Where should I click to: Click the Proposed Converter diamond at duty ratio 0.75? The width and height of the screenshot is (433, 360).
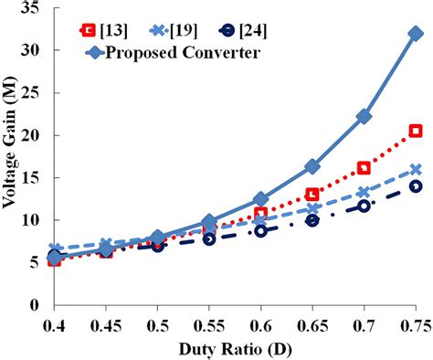[416, 34]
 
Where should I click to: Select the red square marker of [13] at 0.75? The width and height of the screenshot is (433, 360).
[416, 131]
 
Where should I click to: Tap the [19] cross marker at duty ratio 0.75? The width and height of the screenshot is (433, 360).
[416, 169]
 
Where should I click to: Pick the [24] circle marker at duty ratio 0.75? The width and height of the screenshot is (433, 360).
[416, 185]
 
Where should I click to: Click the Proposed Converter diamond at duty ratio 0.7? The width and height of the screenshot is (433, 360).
[364, 116]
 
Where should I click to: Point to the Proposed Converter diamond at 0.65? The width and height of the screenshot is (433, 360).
[312, 166]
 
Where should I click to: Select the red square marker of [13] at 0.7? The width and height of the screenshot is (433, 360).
[364, 168]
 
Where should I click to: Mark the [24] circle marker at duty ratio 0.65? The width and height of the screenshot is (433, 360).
[312, 220]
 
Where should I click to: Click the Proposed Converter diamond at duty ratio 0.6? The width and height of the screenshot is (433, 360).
[260, 199]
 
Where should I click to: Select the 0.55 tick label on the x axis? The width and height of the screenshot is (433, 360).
[208, 323]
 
